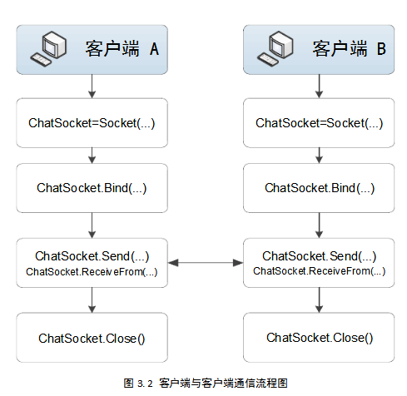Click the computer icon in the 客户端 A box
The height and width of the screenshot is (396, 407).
(48, 48)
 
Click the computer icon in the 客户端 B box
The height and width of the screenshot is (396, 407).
(275, 48)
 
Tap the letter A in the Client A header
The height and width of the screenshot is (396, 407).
(154, 49)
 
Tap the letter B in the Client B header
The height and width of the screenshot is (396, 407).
(381, 48)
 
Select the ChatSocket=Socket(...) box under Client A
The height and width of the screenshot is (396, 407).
(92, 123)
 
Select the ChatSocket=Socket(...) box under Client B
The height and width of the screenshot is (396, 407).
(319, 123)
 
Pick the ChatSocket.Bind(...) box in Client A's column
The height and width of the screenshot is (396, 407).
(92, 188)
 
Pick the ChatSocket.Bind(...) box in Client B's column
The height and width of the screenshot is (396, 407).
(319, 188)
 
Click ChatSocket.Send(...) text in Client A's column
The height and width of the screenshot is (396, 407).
(92, 256)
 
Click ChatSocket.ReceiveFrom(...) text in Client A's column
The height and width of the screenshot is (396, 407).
(92, 272)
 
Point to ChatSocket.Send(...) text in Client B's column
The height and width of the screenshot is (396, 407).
(319, 256)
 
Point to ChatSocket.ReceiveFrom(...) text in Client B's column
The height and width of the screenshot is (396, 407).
(319, 271)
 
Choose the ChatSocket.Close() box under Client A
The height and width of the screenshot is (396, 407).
(92, 338)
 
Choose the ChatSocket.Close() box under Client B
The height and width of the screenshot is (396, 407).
(319, 338)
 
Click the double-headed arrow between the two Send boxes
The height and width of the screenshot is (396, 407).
(206, 263)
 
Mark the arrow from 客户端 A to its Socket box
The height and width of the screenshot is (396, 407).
(92, 87)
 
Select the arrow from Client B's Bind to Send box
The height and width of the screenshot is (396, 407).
(319, 225)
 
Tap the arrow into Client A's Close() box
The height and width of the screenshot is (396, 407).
(92, 300)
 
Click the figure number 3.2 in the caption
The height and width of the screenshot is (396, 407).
(145, 384)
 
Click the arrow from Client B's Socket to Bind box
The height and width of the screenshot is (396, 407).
(319, 156)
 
